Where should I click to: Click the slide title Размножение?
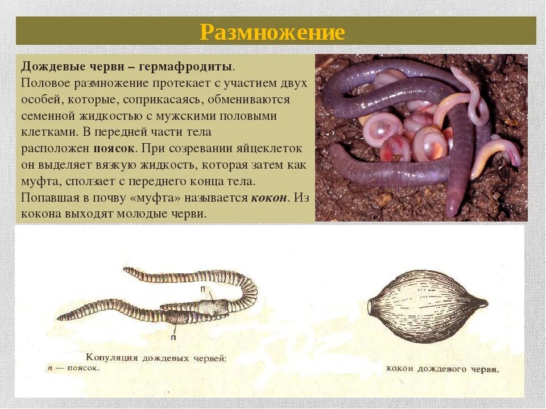coord(272,32)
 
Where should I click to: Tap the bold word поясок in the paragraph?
coord(114,148)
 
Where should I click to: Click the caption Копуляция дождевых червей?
coord(156,358)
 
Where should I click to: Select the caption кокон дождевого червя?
coord(442,369)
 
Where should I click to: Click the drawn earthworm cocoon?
coord(427,306)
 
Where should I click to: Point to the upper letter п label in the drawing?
coord(202,289)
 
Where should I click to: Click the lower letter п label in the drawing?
coord(173,337)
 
